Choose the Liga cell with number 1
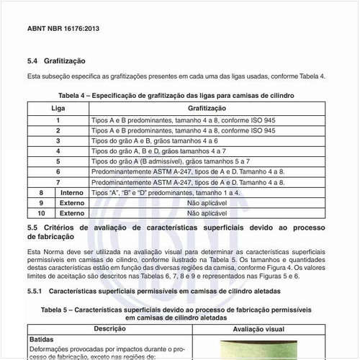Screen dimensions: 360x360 (58, 120)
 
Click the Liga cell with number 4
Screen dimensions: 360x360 (58, 152)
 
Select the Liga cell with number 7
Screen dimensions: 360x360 (58, 183)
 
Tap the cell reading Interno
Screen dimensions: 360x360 (72, 194)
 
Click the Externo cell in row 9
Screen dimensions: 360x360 (72, 204)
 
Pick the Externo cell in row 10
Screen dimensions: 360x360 (72, 214)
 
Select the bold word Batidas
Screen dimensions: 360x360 (42, 338)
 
